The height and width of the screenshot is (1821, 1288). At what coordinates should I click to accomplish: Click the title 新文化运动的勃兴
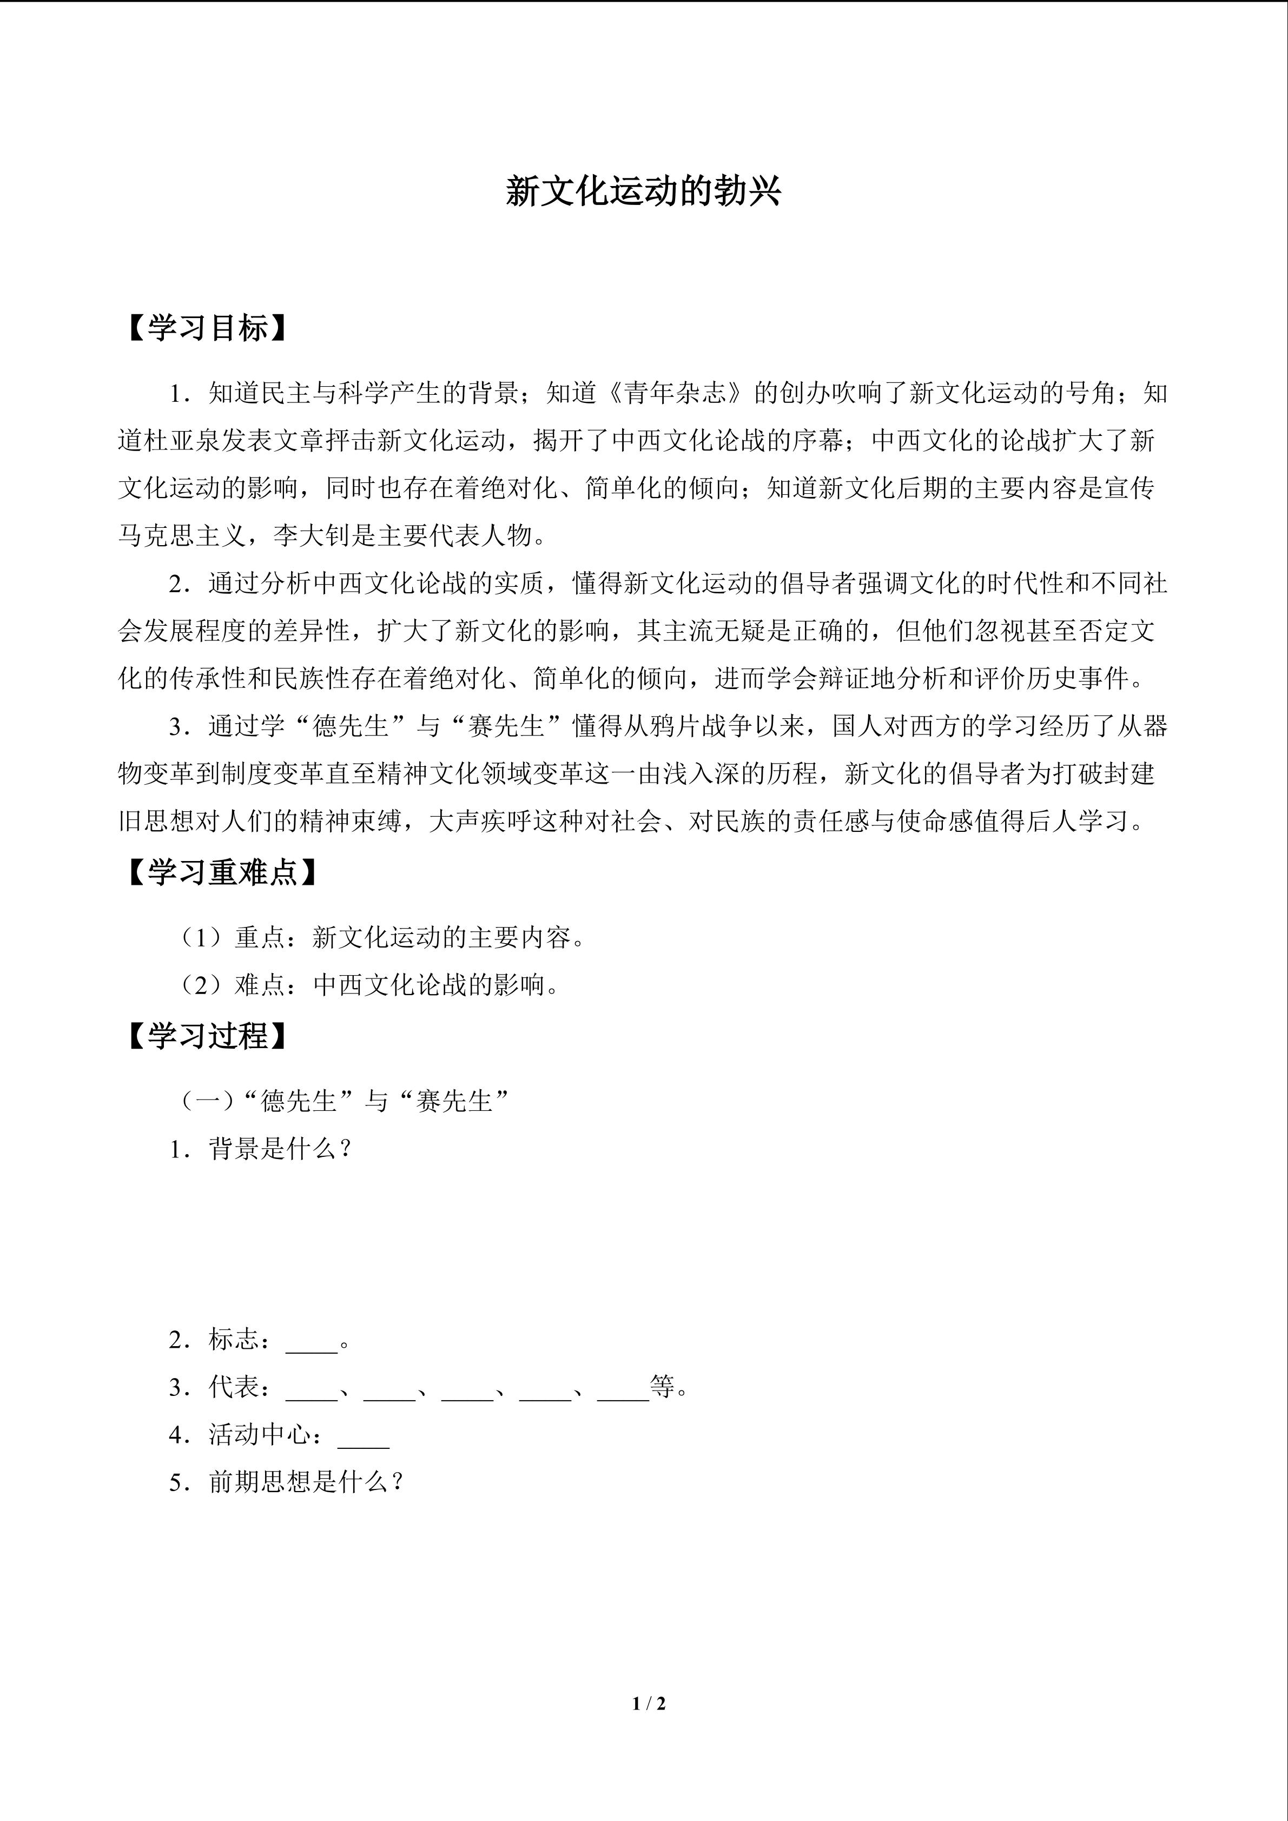tap(643, 193)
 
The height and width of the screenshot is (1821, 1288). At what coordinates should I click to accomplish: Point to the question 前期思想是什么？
tap(305, 1481)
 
